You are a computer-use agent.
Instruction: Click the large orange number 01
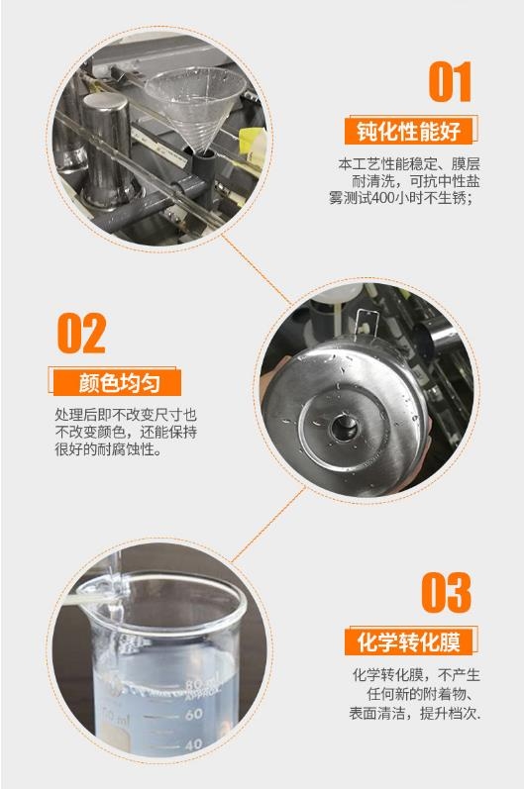450,81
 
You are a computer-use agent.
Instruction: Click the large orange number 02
81,333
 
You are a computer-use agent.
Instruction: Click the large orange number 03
447,592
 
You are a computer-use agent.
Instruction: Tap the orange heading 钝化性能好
409,131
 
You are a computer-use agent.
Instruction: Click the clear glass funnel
195,106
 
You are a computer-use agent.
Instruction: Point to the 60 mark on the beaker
193,714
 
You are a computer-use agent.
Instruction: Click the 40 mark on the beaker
194,743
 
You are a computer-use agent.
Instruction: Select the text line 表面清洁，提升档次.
415,713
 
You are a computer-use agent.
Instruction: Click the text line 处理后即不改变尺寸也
126,415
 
